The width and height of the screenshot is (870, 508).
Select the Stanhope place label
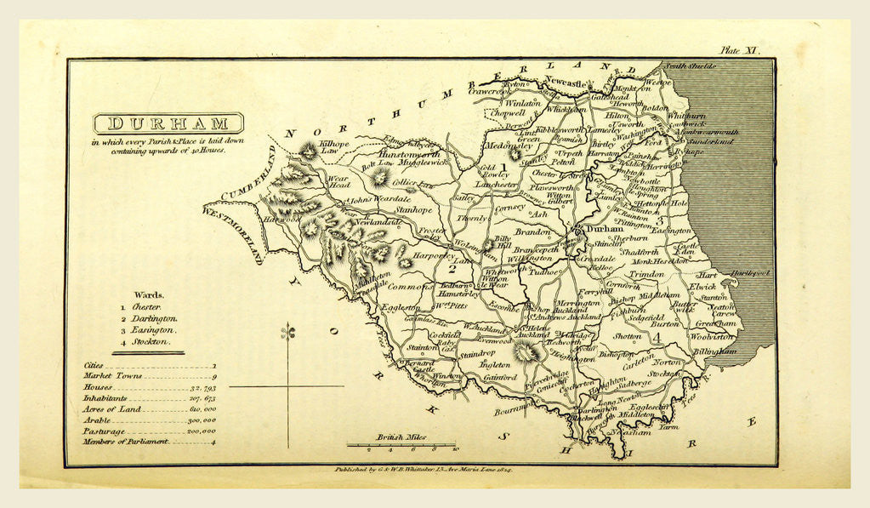click(414, 209)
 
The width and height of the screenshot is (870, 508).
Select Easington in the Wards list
click(154, 329)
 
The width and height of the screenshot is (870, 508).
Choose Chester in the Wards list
click(147, 306)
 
